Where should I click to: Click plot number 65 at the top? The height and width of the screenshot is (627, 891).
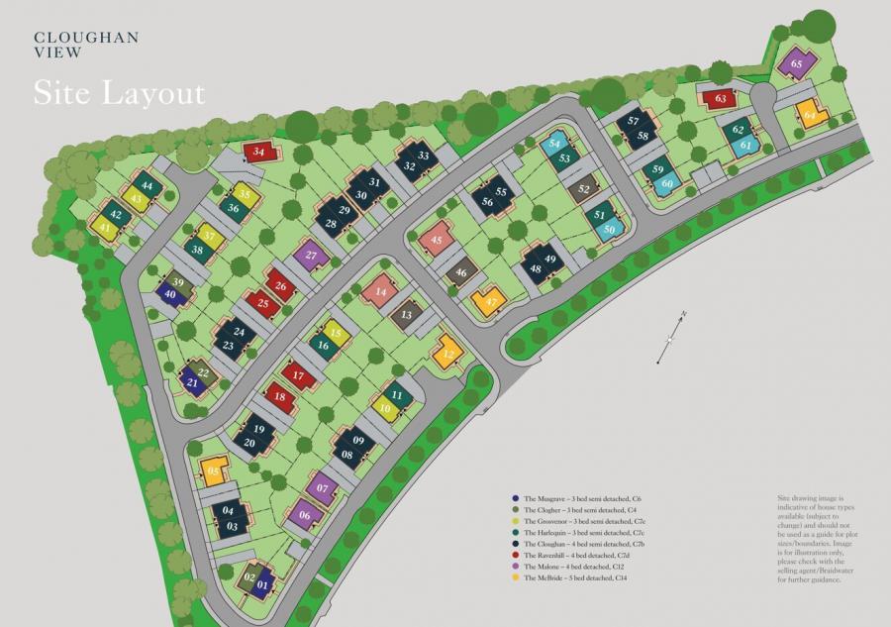pyautogui.click(x=797, y=65)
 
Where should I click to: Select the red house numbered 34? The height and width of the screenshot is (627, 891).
pyautogui.click(x=259, y=152)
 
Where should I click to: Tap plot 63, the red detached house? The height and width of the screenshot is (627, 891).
pyautogui.click(x=721, y=98)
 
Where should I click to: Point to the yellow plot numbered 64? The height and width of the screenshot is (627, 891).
pyautogui.click(x=811, y=116)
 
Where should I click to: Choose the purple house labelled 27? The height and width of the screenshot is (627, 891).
pyautogui.click(x=311, y=255)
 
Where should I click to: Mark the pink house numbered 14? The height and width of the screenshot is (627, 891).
pyautogui.click(x=379, y=291)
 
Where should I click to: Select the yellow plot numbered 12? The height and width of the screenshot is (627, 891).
pyautogui.click(x=448, y=353)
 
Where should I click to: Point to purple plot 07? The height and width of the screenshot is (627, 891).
pyautogui.click(x=320, y=488)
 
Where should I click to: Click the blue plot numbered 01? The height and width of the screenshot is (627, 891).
pyautogui.click(x=263, y=584)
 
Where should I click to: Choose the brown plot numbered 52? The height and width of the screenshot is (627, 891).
pyautogui.click(x=584, y=188)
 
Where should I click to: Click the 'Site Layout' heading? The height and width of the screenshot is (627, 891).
pyautogui.click(x=119, y=92)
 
